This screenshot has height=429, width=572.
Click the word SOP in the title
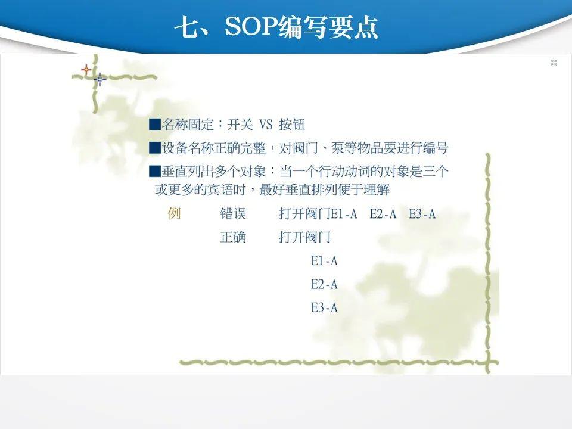coord(251,26)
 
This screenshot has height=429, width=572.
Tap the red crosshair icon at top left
coord(86,69)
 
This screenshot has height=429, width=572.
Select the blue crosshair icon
coord(100,79)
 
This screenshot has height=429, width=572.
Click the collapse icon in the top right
coord(554,63)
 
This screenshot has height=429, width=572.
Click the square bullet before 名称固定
coord(155,125)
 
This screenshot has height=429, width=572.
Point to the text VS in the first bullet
coord(266,125)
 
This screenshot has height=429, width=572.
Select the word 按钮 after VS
coord(292,125)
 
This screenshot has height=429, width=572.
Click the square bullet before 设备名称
coord(155,148)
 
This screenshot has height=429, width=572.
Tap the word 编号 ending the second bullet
coord(435,148)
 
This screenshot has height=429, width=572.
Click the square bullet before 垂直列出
coord(155,171)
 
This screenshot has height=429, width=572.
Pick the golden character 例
coord(175,213)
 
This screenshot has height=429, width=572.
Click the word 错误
coord(233,213)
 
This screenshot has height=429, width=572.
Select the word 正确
coord(233,237)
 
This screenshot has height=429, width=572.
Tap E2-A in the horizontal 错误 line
coord(383,214)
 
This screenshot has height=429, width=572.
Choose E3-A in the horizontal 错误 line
coord(422,214)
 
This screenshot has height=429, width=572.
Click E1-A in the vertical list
coord(324,261)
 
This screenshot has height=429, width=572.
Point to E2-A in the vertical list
coord(324,284)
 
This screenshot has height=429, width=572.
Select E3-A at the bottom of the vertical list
coord(324,308)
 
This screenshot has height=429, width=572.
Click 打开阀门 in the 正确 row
coord(304,237)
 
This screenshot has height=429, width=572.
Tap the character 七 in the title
coord(186,27)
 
